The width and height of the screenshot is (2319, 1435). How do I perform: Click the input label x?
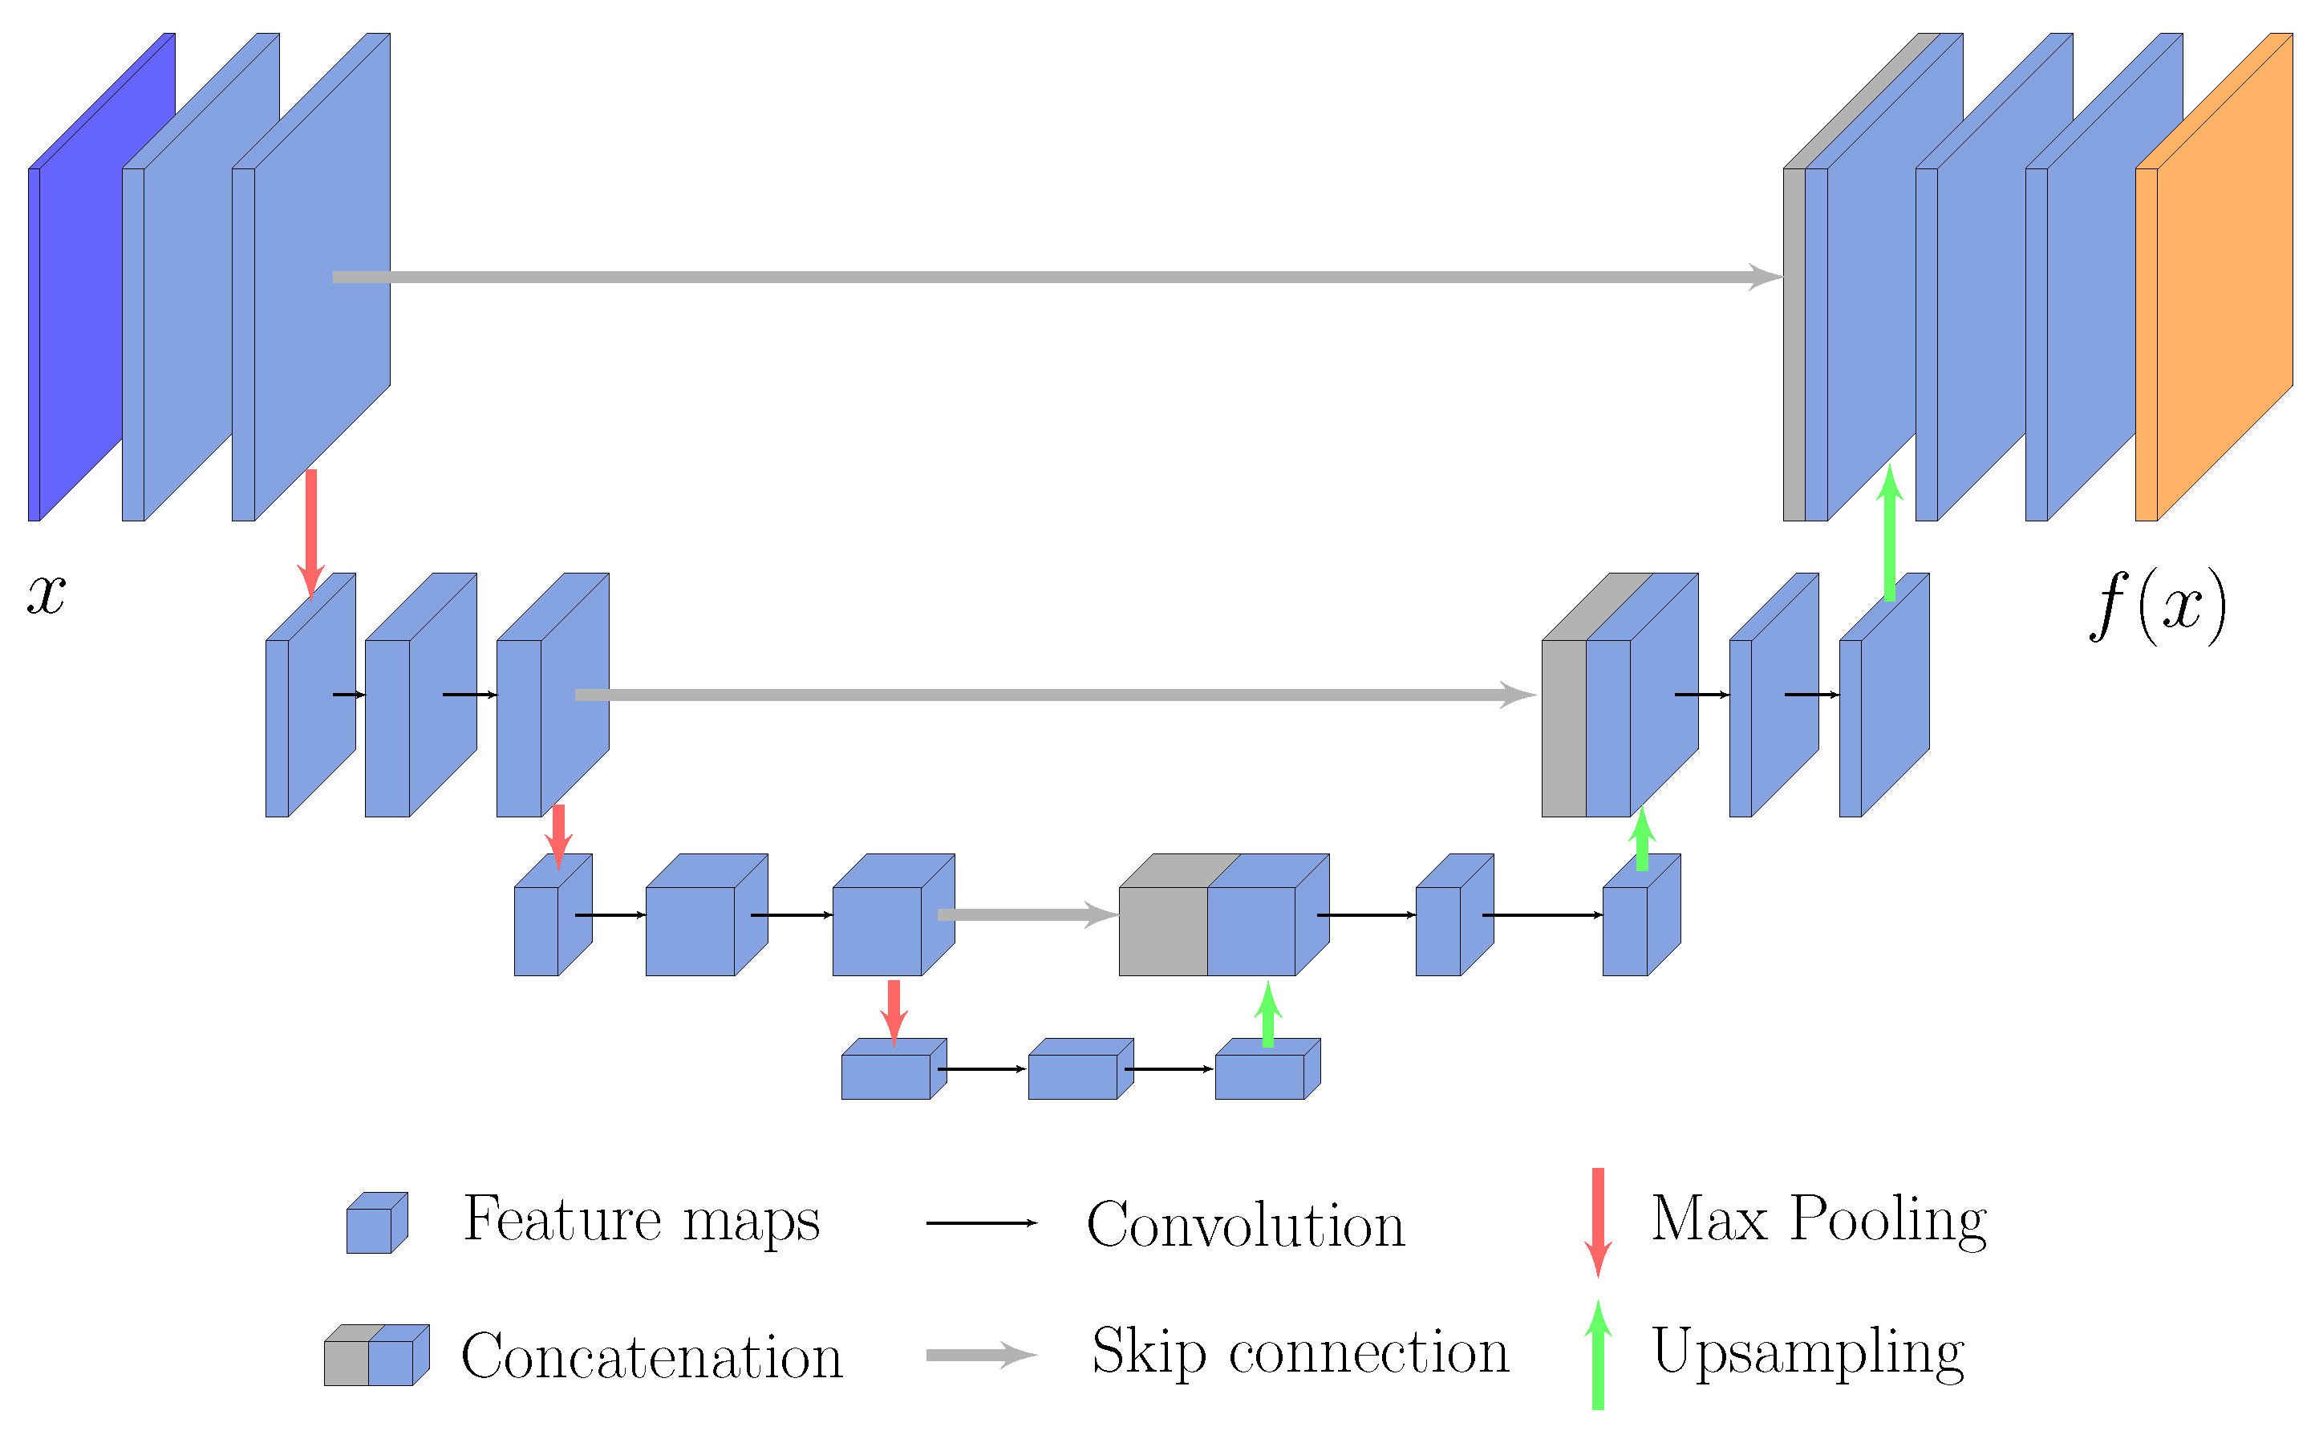[x=46, y=596]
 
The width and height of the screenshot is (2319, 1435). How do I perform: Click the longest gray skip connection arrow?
[x=1044, y=277]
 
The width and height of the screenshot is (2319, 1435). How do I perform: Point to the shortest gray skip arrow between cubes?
[x=1025, y=915]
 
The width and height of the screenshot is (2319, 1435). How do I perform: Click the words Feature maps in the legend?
[x=642, y=1218]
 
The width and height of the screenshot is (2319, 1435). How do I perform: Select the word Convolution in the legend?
[x=1245, y=1224]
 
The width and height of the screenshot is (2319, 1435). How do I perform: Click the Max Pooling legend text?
[x=1818, y=1218]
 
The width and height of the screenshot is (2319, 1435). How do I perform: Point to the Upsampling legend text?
[x=1807, y=1352]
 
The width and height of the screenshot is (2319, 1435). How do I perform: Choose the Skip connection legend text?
[x=1300, y=1352]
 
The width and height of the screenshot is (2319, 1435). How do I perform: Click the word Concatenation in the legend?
[x=652, y=1356]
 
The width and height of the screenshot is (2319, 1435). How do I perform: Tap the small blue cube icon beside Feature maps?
[x=375, y=1224]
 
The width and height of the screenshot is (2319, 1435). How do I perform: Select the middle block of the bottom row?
[x=1079, y=1072]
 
